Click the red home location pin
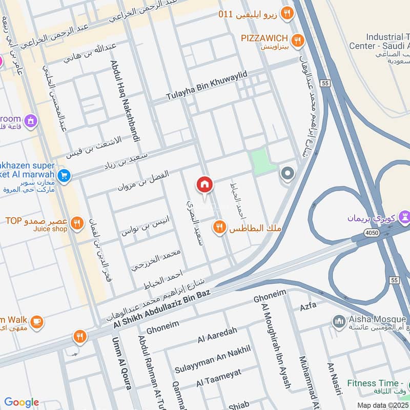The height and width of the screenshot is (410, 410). [x=205, y=184]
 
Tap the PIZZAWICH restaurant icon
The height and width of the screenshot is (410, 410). [x=297, y=39]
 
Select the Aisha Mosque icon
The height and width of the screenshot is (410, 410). [x=338, y=321]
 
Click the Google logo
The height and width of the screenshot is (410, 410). [x=22, y=402]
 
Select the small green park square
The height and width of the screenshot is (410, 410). [x=259, y=159]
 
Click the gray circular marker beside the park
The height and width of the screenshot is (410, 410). [x=288, y=174]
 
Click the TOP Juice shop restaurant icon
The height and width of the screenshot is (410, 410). [x=77, y=223]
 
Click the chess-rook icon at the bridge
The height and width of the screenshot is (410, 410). [x=405, y=217]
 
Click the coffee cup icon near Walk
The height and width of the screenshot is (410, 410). [x=36, y=321]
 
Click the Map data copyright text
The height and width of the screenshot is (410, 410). [x=382, y=405]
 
